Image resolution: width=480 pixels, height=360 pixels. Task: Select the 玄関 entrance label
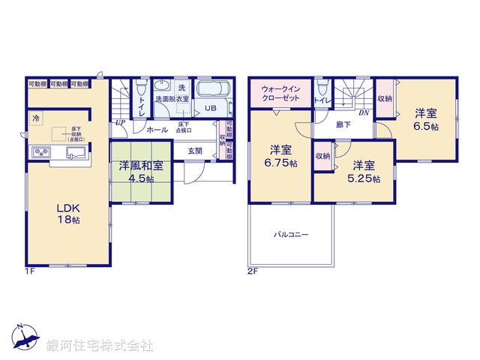click(x=195, y=151)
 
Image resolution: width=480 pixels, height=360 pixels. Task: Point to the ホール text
click(x=157, y=130)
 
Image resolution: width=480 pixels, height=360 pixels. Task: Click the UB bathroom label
click(x=210, y=108)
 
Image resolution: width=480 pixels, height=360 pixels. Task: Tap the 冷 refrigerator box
click(x=35, y=118)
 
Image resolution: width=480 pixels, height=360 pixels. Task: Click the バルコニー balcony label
click(x=291, y=234)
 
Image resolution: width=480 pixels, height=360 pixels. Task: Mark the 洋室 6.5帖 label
click(x=426, y=120)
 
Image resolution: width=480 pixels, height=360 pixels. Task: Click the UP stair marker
click(x=121, y=122)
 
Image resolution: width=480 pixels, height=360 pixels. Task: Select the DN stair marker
click(x=363, y=113)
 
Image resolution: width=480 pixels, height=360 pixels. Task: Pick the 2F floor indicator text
click(x=252, y=271)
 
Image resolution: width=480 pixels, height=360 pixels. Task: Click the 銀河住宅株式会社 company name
click(x=100, y=346)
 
